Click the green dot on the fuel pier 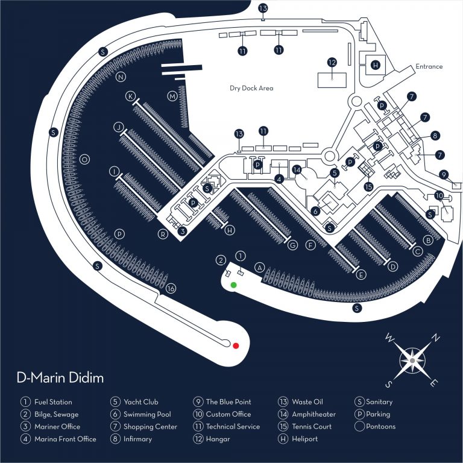(233, 285)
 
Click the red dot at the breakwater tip (236, 345)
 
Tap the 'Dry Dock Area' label (251, 88)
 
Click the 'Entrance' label (429, 66)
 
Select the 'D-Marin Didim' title (60, 377)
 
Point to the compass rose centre (412, 361)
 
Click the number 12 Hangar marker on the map (332, 62)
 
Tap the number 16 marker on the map (171, 288)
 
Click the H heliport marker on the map (376, 65)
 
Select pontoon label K (130, 96)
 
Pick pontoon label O (85, 159)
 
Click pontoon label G (292, 245)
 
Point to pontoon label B (428, 240)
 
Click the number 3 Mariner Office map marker (183, 231)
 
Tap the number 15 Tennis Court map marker (368, 187)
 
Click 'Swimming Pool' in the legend (147, 414)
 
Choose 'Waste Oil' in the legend (307, 402)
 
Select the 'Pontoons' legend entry (380, 426)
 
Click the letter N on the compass (436, 338)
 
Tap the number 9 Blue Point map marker (444, 175)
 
